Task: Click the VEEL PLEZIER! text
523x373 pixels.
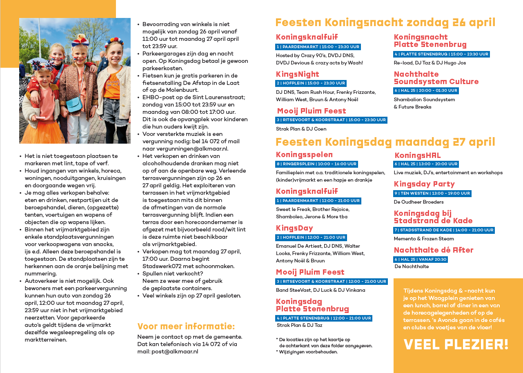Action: click(456, 344)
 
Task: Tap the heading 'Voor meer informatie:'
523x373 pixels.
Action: click(186, 326)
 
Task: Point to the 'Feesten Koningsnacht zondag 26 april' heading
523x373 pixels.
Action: click(385, 22)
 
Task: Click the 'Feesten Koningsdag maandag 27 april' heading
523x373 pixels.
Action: click(385, 142)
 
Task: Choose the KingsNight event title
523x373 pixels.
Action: click(297, 74)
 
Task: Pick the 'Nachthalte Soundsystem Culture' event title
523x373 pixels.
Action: click(436, 78)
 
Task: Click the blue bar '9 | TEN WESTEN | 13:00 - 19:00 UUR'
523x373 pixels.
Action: click(432, 193)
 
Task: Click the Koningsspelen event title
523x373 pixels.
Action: click(304, 155)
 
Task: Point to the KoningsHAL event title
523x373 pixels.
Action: click(417, 155)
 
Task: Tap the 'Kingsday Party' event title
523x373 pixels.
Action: click(424, 184)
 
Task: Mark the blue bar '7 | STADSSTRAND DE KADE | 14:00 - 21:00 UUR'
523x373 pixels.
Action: click(444, 230)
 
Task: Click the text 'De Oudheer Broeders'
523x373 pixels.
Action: click(418, 202)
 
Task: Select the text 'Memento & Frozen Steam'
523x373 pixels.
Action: click(423, 239)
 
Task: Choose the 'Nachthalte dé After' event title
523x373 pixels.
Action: click(434, 250)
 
